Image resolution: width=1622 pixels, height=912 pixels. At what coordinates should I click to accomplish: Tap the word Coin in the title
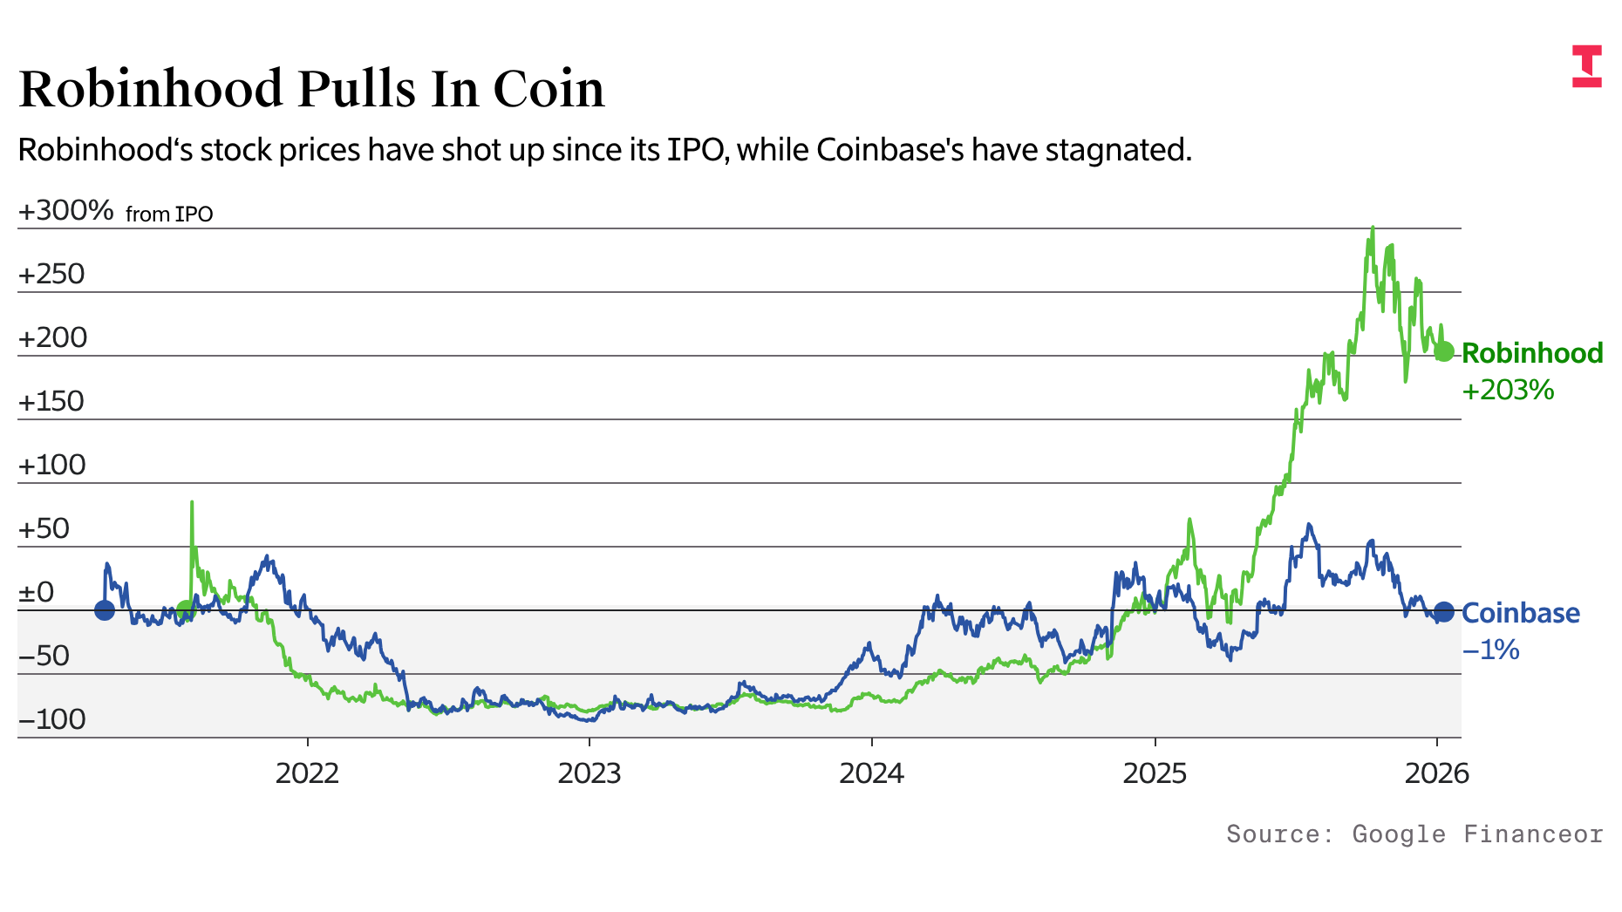coord(549,89)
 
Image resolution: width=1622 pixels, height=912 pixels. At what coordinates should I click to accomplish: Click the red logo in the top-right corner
coord(1587,66)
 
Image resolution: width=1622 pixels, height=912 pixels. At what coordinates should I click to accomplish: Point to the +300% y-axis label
coord(66,211)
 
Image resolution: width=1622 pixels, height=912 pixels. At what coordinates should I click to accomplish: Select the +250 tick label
coord(51,275)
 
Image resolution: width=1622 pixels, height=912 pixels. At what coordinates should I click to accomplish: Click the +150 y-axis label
coord(51,402)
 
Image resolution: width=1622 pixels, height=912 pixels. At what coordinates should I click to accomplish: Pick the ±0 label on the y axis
coord(37,593)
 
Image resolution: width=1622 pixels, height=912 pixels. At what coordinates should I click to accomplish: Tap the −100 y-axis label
coord(51,720)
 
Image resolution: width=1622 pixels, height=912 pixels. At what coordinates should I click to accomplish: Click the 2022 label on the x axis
coord(307,773)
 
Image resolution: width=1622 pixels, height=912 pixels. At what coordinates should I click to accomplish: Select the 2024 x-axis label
coord(871,773)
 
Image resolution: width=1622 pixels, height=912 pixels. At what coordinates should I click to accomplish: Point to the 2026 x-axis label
coord(1436,773)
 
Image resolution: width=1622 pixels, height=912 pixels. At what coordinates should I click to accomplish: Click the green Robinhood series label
coord(1532,353)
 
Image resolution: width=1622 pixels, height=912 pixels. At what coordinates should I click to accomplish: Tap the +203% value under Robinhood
coord(1508,390)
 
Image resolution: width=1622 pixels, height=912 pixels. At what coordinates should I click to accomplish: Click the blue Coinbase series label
coord(1521,613)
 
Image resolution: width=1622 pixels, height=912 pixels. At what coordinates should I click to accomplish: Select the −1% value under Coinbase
coord(1491,650)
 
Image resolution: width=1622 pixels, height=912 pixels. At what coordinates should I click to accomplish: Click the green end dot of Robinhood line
coord(1444,351)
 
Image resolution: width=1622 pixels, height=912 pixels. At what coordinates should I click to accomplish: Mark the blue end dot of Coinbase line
coord(1444,612)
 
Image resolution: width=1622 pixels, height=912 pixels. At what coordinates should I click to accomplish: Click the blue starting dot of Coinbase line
coord(105,610)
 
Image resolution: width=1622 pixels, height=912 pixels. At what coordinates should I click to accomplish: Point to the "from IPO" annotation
coord(169,214)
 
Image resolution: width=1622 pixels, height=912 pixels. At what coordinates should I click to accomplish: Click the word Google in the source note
coord(1399,834)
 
